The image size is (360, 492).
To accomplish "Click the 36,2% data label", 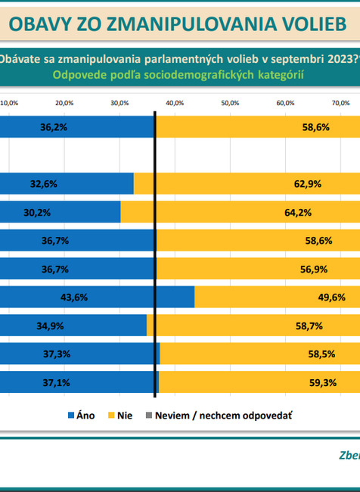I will coord(54,128).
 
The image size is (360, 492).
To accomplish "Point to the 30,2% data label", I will coord(37,213).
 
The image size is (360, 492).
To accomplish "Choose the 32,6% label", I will coord(44,184).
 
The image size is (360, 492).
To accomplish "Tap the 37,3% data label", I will coord(54,354).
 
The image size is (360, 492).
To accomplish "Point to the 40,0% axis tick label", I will coord(175,103).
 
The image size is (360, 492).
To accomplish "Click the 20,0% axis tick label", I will coord(64,103).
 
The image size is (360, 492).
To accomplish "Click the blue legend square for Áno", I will coord(72,416).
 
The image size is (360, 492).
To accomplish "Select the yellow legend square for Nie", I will coord(110,416).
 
